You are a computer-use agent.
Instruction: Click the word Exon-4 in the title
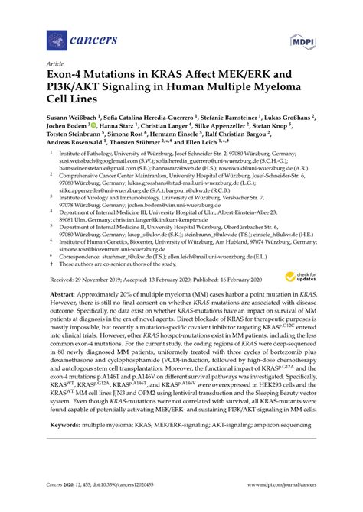70,77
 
